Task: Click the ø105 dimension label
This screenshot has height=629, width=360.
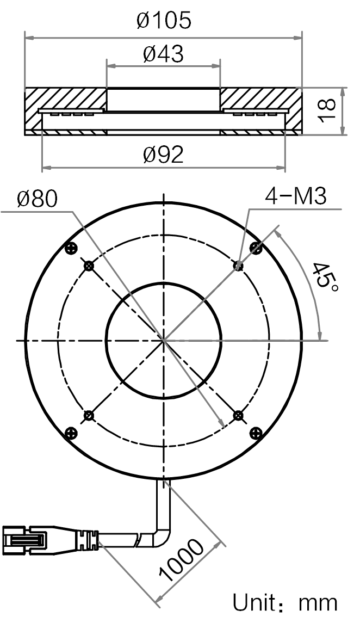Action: click(164, 21)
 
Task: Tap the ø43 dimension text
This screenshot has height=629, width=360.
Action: click(164, 54)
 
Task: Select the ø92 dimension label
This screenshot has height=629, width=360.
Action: click(164, 155)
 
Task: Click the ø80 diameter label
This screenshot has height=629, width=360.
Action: click(38, 199)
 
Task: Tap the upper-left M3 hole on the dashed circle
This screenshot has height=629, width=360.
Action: click(89, 265)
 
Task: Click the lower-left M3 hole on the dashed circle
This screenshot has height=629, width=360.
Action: click(89, 416)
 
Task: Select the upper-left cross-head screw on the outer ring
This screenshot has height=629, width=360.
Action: click(71, 248)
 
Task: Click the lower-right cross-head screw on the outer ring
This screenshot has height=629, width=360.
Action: click(256, 433)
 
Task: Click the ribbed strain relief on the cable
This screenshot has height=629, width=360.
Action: click(88, 540)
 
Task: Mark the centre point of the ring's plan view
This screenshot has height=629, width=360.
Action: click(164, 341)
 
